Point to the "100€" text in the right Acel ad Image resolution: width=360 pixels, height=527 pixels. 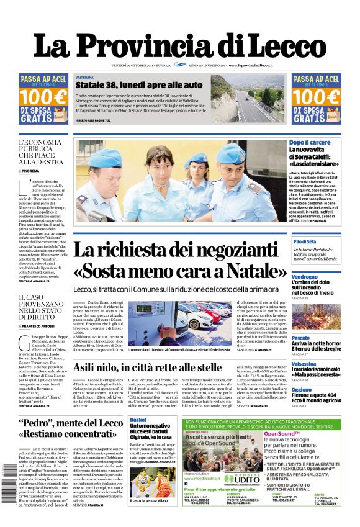pos(316,97)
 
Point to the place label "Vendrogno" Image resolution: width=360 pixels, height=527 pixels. pos(305,277)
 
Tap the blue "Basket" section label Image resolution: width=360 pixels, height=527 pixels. pos(138,420)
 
